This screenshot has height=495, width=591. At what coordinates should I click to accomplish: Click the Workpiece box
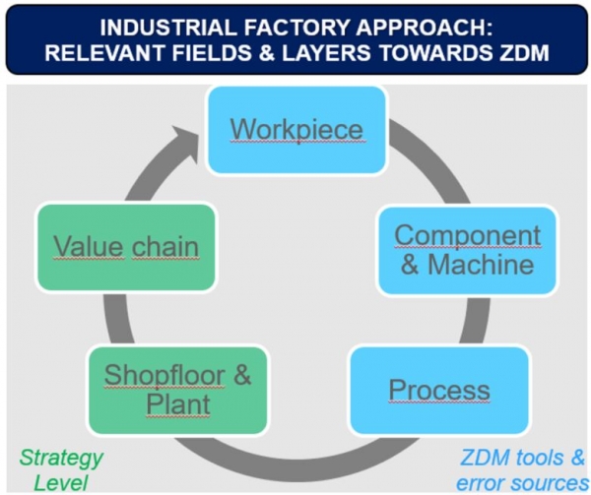pos(297,130)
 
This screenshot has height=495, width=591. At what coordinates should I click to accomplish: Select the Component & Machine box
pos(467,250)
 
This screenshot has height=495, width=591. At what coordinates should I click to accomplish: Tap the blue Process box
pos(439,391)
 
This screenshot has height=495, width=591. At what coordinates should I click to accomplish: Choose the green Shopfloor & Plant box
pos(178,391)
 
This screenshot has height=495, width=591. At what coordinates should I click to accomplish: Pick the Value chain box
pos(126,247)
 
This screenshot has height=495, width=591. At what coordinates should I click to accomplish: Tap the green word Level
pos(61,483)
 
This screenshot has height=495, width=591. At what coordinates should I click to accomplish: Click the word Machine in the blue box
pos(481,265)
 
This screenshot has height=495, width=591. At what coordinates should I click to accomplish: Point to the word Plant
pos(178,405)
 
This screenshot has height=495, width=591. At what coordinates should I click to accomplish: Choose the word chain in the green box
pos(165,247)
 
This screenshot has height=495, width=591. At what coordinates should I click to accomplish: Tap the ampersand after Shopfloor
pos(241,375)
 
